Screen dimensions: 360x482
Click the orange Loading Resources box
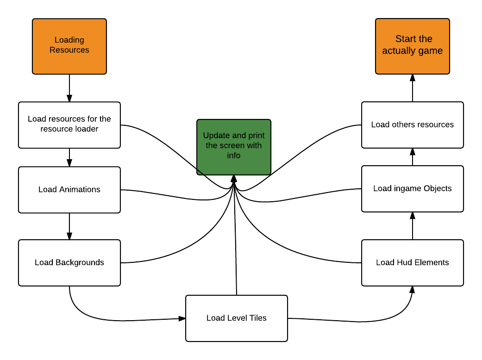[69, 46]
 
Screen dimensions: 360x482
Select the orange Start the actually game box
[412, 46]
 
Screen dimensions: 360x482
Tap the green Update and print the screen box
[234, 147]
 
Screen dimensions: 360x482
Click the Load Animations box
[69, 190]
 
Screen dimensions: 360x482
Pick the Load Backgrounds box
[69, 262]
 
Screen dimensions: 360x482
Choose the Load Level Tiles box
[236, 318]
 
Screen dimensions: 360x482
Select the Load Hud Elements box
[412, 262]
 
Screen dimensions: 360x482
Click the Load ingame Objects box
[412, 189]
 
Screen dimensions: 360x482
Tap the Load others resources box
[412, 125]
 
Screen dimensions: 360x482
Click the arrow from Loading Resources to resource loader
[69, 88]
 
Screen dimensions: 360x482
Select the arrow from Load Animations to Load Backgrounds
[69, 226]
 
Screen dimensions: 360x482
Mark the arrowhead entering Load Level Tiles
[182, 318]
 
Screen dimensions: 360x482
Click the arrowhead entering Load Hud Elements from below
[412, 290]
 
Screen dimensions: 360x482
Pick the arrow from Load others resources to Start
[412, 88]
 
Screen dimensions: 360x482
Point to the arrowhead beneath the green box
[234, 179]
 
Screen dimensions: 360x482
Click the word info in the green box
[234, 155]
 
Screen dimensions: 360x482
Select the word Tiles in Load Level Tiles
[257, 318]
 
